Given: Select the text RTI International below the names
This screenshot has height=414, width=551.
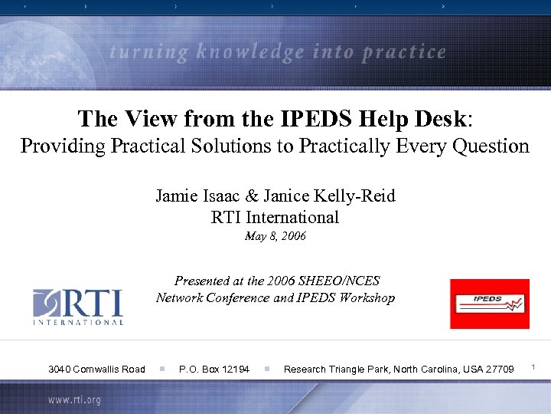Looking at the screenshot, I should point(275,217).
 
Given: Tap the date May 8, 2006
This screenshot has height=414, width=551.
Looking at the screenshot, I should point(275,236).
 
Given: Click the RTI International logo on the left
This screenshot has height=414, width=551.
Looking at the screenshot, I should point(77,307).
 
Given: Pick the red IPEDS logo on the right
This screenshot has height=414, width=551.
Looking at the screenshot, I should point(489,304).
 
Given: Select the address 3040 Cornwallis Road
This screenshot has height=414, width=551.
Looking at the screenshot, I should point(96,370).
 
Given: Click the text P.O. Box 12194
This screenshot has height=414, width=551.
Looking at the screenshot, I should point(214,370).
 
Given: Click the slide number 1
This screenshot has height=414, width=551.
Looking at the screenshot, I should point(534,369).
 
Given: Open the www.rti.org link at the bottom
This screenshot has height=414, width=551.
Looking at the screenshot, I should point(74,400).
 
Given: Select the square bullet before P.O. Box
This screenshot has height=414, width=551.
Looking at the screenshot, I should point(162,370).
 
